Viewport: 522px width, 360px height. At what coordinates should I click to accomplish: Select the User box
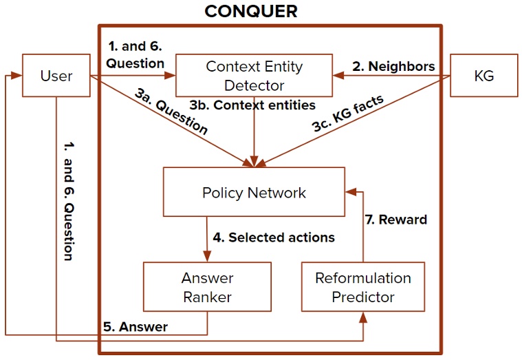click(56, 76)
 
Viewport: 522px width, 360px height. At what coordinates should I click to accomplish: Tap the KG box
click(483, 76)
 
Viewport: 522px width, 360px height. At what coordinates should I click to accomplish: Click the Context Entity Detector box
click(254, 76)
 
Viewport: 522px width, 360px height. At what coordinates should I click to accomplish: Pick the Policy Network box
click(254, 192)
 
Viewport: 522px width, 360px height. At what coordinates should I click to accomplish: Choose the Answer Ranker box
click(207, 287)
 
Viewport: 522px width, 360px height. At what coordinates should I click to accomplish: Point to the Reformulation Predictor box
click(362, 287)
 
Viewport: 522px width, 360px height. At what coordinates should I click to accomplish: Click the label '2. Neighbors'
click(394, 66)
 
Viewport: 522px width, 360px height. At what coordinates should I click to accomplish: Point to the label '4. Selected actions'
click(274, 237)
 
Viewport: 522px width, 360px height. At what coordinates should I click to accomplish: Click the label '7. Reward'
click(395, 220)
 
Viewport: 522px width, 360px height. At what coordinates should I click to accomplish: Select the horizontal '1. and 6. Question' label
click(135, 55)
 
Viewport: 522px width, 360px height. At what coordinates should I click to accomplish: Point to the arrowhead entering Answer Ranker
click(207, 257)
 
